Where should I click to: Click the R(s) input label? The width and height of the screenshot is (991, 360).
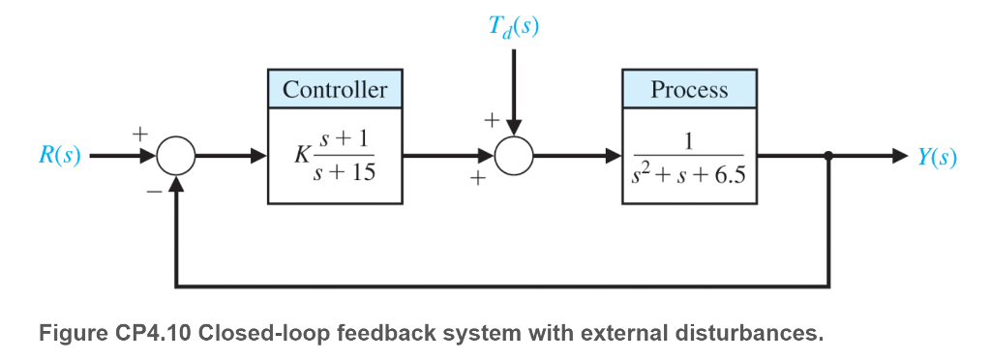pos(60,156)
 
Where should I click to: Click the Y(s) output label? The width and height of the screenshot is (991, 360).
pos(937,156)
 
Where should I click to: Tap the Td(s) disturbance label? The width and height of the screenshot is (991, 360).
pos(514,26)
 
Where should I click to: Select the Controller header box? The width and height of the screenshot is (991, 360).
pos(335,90)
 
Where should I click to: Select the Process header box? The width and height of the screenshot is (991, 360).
pos(689,90)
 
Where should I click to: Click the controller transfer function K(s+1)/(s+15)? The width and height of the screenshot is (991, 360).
pos(335,156)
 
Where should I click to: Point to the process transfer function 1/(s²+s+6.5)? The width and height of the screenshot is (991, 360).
pos(689,156)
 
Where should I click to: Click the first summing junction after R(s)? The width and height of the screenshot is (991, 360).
pos(176,155)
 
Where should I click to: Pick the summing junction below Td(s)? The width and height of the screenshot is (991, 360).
pos(514,155)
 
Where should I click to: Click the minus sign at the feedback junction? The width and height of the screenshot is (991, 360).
pos(154,192)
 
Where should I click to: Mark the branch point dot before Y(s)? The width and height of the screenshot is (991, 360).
pos(829,155)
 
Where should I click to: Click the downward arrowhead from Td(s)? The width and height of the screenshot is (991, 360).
pos(514,128)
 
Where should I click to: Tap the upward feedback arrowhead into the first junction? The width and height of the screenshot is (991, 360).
pos(176,184)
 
